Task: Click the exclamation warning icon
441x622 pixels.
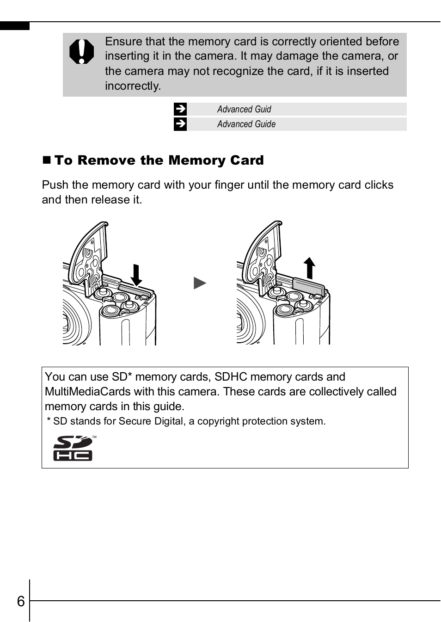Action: (x=82, y=51)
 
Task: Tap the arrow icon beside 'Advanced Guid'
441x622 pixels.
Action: (x=180, y=109)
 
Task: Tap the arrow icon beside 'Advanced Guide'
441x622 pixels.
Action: (x=180, y=124)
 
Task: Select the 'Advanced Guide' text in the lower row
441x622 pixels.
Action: (x=246, y=124)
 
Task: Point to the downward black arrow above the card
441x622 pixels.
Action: (x=136, y=275)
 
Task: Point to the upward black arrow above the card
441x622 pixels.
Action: (x=309, y=268)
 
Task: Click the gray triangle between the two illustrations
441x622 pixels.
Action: (x=200, y=283)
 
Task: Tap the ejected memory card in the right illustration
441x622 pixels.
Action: (x=309, y=287)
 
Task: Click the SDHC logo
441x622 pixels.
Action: (x=73, y=448)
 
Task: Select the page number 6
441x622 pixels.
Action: (x=21, y=601)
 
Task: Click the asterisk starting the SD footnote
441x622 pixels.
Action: (x=49, y=420)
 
